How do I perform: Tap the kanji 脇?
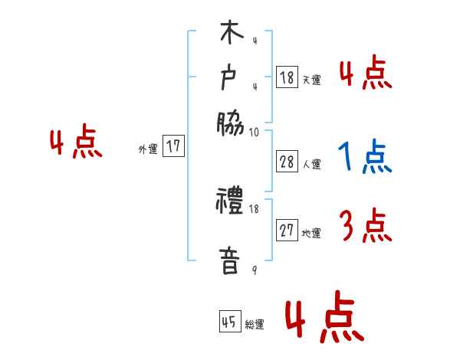(x=231, y=121)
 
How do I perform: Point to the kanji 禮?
(x=231, y=204)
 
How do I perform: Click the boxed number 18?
(x=287, y=77)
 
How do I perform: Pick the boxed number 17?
(x=175, y=147)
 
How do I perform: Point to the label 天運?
(x=311, y=80)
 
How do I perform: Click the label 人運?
(x=311, y=164)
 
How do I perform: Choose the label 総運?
(x=255, y=324)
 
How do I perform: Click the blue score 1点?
(x=365, y=159)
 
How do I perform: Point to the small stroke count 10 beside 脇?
(x=255, y=133)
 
